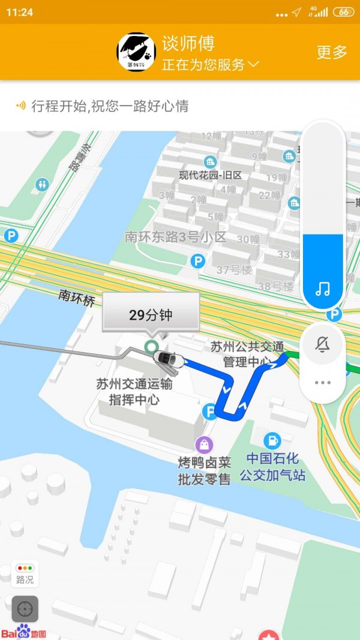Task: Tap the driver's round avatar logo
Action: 137,52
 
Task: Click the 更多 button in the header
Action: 332,52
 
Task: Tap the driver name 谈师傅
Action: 188,43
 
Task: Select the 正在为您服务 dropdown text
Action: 210,65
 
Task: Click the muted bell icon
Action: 323,344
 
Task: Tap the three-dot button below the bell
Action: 323,382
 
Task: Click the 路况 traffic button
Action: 25,574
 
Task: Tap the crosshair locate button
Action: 25,609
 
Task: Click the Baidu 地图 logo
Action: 24,632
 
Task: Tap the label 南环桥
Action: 77,297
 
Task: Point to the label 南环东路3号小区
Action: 175,237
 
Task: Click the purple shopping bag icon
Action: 204,444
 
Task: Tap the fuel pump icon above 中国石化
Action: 272,440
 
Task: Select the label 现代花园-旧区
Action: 210,175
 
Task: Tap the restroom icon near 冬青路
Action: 42,184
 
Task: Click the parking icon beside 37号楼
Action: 197,261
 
